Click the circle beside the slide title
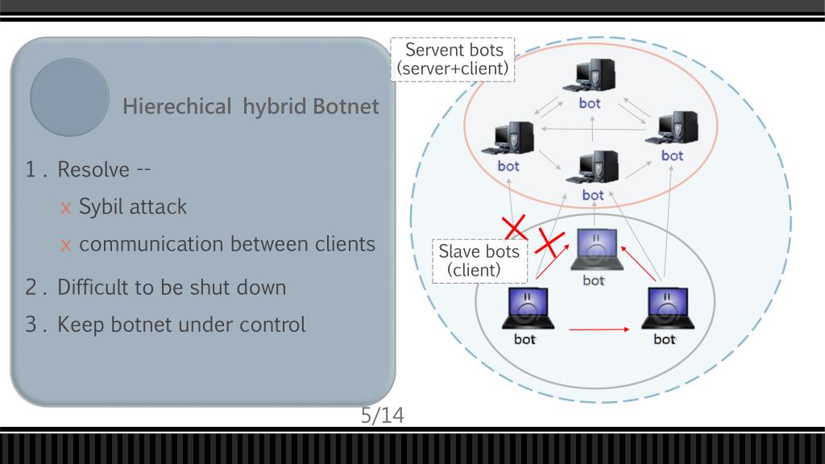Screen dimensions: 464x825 [70, 97]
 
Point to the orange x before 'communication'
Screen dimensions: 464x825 [66, 245]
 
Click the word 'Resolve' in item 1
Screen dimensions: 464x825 [93, 170]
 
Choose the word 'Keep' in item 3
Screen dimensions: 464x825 [80, 325]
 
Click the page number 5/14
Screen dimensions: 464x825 [382, 416]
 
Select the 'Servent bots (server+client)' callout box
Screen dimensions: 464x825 [454, 60]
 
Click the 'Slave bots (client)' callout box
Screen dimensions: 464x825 [478, 260]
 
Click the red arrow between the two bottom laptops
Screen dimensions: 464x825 [599, 329]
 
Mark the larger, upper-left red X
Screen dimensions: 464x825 [514, 226]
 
